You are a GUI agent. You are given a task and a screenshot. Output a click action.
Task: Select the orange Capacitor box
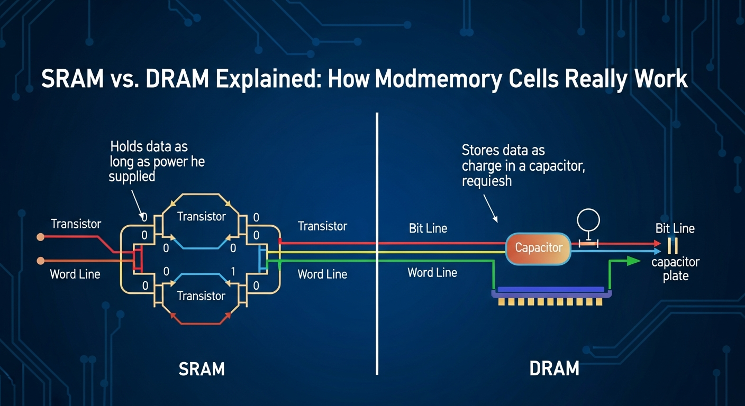point(538,248)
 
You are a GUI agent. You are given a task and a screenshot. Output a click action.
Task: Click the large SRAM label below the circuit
point(202,368)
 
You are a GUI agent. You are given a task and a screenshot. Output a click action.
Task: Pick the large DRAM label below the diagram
point(554,368)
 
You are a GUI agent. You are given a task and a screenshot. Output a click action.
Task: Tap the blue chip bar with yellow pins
point(551,290)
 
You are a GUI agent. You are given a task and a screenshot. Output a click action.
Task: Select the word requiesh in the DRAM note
point(487,181)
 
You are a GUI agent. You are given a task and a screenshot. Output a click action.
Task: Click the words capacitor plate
point(675,269)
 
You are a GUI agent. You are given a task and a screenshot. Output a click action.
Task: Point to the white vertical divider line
point(377,243)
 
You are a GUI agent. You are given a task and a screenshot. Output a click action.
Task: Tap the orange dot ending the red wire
point(40,237)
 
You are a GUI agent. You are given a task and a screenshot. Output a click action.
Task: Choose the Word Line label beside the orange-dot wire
point(75,274)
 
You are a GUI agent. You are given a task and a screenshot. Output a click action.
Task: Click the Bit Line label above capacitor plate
point(675,228)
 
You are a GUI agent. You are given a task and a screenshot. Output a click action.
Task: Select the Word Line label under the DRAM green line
point(432,273)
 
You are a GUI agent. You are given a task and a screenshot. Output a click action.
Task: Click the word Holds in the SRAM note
point(125,146)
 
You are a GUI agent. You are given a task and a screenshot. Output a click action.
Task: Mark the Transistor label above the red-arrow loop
point(201,296)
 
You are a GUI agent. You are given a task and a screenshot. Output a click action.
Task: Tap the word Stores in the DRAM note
point(481,150)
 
